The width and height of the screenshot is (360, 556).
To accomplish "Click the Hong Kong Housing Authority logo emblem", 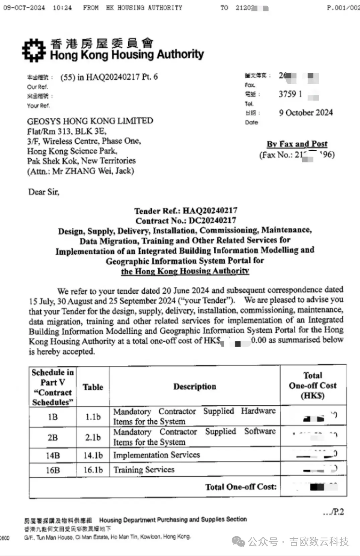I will [x=34, y=50].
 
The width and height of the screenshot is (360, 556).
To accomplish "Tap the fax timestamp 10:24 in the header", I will [x=62, y=8].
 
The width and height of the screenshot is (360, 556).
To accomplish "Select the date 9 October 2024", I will [x=306, y=113].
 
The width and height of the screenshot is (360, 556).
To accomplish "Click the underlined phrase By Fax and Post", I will [x=297, y=144].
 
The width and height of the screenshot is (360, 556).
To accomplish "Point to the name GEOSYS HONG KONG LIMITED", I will [x=90, y=121].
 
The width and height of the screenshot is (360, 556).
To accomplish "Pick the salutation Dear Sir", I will [x=44, y=192].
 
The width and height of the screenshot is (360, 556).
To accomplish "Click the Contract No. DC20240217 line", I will [x=186, y=221].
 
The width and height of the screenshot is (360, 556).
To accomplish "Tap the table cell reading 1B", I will [x=53, y=417].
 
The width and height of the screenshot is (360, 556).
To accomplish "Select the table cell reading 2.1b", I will [x=93, y=437].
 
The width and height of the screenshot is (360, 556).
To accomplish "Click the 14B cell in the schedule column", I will [x=53, y=456].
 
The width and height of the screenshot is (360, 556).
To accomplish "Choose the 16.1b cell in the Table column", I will [x=93, y=470].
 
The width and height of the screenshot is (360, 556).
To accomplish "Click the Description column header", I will [x=195, y=387].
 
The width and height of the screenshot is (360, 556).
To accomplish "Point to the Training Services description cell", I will [x=144, y=470].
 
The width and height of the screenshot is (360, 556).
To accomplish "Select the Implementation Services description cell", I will [x=156, y=455].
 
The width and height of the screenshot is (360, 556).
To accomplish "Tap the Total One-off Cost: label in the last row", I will [x=241, y=487].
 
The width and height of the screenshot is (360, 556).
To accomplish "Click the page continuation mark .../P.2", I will [x=333, y=512].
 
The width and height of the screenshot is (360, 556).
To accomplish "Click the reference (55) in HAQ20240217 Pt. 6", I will [x=109, y=77].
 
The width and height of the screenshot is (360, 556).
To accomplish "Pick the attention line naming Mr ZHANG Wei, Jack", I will [x=80, y=171].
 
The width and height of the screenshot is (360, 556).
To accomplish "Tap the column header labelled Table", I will [x=93, y=387].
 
